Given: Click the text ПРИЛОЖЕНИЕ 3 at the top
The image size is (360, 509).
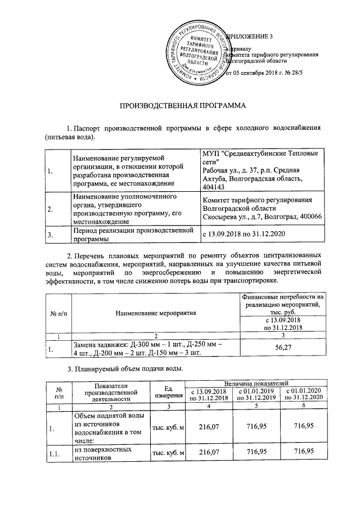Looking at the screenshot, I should [249, 37].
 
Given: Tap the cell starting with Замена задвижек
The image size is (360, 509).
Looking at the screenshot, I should [147, 349].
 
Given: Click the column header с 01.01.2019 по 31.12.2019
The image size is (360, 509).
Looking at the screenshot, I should [256, 394].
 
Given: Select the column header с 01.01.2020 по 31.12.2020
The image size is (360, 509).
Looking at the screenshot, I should [304, 394].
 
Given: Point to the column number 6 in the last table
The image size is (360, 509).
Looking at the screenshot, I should [304, 406].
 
